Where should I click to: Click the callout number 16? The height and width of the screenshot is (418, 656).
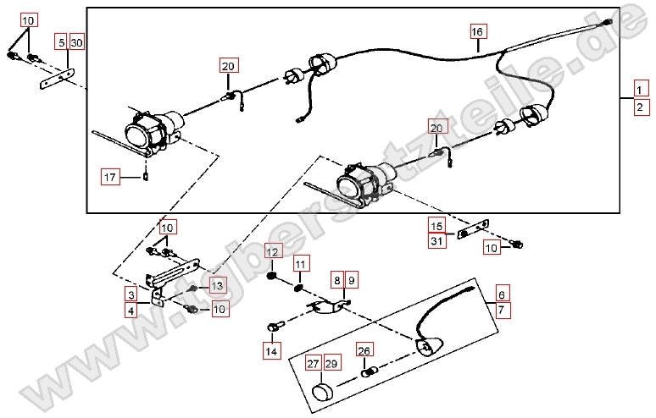[x=478, y=32]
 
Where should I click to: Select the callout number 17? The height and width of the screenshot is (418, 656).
[x=110, y=177]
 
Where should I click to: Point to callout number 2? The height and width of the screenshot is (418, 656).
[x=641, y=107]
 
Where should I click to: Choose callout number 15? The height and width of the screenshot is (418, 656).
[x=436, y=226]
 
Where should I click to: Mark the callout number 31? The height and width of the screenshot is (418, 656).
[x=436, y=241]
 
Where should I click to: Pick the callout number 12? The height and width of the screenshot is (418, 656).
[x=272, y=251]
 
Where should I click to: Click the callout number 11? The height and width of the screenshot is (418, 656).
[x=300, y=266]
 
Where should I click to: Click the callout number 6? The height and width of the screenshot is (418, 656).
[x=502, y=294]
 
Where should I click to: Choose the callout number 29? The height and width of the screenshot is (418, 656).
[x=330, y=364]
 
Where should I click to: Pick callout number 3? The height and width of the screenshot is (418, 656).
[x=133, y=294]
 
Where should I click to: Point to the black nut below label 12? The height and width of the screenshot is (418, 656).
[x=272, y=275]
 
